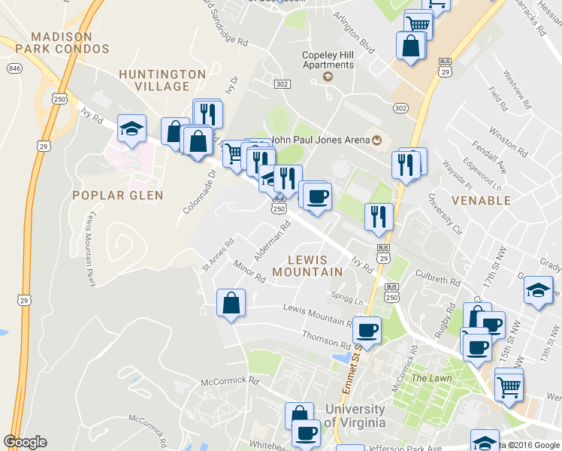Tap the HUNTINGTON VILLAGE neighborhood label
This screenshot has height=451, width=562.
(x=162, y=80)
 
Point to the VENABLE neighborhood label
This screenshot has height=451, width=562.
(x=481, y=201)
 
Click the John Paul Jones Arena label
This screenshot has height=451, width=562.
(x=321, y=139)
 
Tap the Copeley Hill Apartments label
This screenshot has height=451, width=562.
(x=328, y=59)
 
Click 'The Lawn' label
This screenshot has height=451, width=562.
(x=431, y=378)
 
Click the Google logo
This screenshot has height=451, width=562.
(x=25, y=442)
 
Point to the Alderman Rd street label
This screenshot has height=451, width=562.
(x=272, y=241)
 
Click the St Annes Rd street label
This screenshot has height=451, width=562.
(x=219, y=255)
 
